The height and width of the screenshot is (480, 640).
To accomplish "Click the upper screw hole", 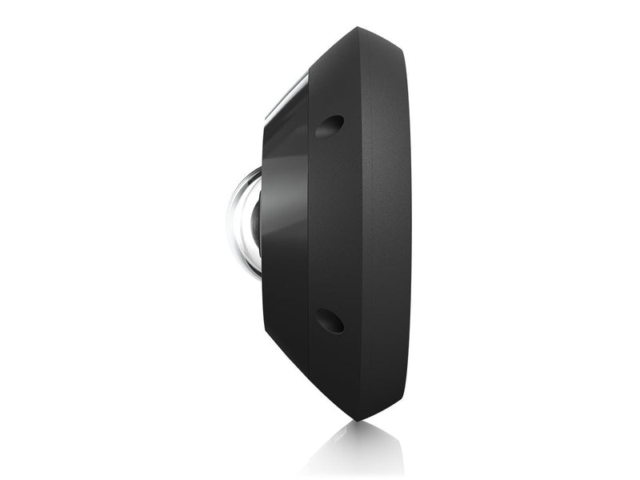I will coord(329,126).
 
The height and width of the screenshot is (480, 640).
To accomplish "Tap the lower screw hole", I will coord(329,320).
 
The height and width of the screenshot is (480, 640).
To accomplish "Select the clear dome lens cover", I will coord(242,222).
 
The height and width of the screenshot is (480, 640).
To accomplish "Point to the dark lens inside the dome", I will coord(255,223).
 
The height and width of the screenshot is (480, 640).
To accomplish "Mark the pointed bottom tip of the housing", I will coord(358,418).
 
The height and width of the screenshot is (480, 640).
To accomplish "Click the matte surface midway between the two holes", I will coord(332,224).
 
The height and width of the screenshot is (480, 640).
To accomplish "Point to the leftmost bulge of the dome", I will coord(229,222).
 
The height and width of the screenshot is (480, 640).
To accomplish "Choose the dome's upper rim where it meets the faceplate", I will coord(258,170).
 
